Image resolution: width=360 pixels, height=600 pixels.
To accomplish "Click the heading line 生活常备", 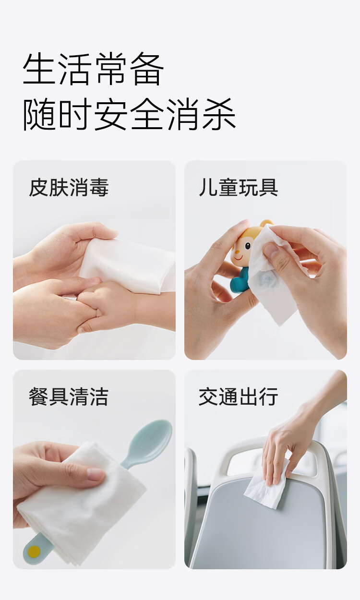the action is click(x=93, y=69).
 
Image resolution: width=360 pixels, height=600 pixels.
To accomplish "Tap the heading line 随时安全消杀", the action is click(x=129, y=114).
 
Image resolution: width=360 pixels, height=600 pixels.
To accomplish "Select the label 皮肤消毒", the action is click(x=69, y=187).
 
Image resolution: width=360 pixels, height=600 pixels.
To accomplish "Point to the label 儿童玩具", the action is click(x=238, y=187).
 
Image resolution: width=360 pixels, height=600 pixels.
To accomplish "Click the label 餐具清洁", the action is click(x=69, y=396).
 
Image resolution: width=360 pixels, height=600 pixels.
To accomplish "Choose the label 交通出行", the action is click(x=238, y=396).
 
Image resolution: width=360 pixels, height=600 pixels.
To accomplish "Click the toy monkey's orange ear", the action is click(x=267, y=224).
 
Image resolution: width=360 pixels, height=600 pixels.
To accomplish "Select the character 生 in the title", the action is click(x=40, y=69).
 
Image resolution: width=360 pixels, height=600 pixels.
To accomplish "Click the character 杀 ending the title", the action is click(x=218, y=114).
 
